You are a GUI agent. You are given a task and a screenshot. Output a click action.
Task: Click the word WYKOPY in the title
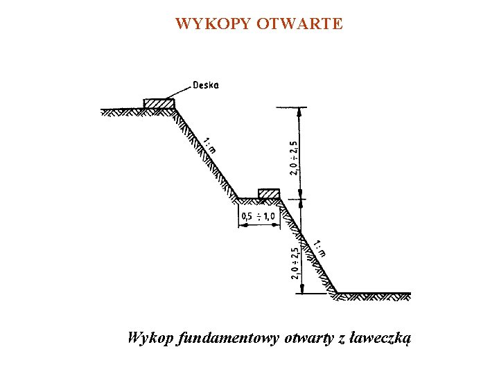(x=213, y=24)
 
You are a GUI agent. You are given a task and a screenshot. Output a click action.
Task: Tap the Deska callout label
(x=205, y=85)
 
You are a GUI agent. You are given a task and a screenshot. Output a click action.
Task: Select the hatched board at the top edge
(x=159, y=104)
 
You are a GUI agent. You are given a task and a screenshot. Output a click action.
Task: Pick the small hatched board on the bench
(x=269, y=193)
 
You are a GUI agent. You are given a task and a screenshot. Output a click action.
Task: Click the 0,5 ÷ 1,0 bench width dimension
(x=257, y=217)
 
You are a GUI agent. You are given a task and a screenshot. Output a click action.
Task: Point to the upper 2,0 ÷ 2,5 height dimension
(x=294, y=157)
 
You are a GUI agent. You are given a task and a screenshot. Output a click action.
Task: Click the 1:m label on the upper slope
(x=210, y=145)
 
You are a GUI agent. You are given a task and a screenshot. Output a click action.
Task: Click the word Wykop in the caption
(x=150, y=339)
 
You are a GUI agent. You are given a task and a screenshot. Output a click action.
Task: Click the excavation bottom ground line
(x=374, y=294)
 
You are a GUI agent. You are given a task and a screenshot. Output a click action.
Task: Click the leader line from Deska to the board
(x=181, y=91)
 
